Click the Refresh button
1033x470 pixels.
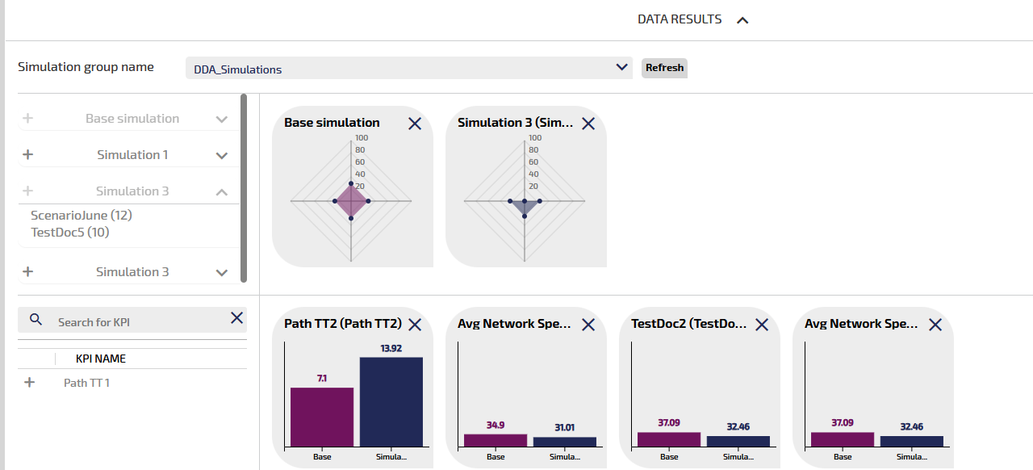coord(664,68)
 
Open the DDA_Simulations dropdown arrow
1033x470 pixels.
coord(621,67)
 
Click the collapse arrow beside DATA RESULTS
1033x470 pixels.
coord(742,20)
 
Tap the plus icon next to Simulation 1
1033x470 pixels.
coord(27,154)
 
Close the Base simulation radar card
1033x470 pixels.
coord(415,124)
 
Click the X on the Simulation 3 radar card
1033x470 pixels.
coord(588,124)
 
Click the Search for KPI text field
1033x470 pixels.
coord(137,321)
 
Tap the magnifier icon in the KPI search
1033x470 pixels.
coord(36,320)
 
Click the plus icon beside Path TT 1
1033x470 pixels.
coord(30,383)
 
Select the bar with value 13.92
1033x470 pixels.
coord(391,401)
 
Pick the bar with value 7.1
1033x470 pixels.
coord(322,417)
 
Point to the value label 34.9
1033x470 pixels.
coord(496,426)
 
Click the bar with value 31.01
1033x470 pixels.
coord(565,442)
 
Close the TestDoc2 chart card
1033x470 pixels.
coord(762,325)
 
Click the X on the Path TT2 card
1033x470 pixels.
coord(415,325)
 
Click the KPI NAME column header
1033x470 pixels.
coord(101,359)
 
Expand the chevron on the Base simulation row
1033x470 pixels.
coord(222,119)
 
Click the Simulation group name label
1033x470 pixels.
coord(86,67)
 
